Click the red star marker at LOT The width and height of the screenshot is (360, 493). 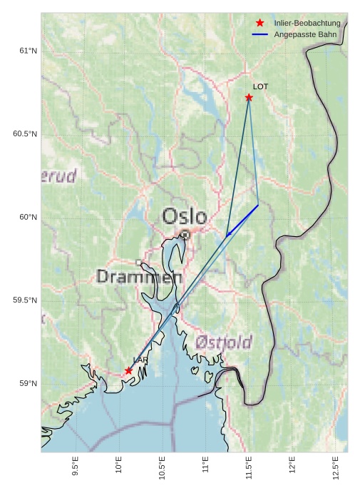click(249, 97)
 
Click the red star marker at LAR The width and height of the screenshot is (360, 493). click(129, 370)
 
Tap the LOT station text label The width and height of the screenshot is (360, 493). click(260, 86)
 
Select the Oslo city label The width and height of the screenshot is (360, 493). click(185, 216)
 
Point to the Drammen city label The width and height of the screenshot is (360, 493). click(139, 277)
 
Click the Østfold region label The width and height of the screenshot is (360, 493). click(223, 342)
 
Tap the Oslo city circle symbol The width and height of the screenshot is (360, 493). click(185, 234)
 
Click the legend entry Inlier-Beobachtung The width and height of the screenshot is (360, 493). click(307, 24)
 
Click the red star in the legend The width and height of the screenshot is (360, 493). click(259, 24)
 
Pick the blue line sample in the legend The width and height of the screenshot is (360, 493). click(259, 34)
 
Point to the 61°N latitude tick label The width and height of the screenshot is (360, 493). click(27, 51)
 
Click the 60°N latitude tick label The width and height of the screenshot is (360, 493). click(27, 218)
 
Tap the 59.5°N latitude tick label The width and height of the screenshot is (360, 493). click(25, 300)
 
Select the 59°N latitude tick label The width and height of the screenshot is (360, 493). click(27, 384)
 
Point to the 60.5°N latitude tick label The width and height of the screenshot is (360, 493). click(25, 134)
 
